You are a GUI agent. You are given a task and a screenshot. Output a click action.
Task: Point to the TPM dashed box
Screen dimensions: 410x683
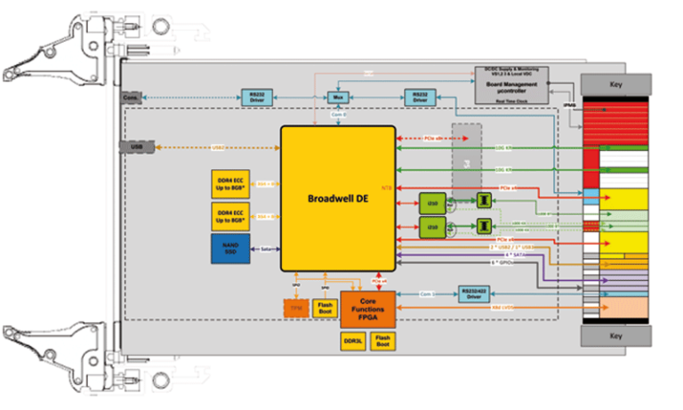(x=296, y=307)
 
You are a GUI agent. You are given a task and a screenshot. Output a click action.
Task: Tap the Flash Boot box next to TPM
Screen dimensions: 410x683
(x=325, y=307)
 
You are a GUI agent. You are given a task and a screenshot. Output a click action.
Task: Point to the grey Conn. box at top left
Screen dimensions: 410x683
(x=131, y=97)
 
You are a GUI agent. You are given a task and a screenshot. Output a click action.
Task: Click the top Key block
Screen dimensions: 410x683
(x=613, y=84)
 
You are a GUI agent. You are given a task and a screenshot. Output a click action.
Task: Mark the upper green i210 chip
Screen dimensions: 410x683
(x=432, y=200)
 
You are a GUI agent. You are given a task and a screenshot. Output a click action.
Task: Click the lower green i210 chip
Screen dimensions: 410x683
(x=432, y=227)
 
